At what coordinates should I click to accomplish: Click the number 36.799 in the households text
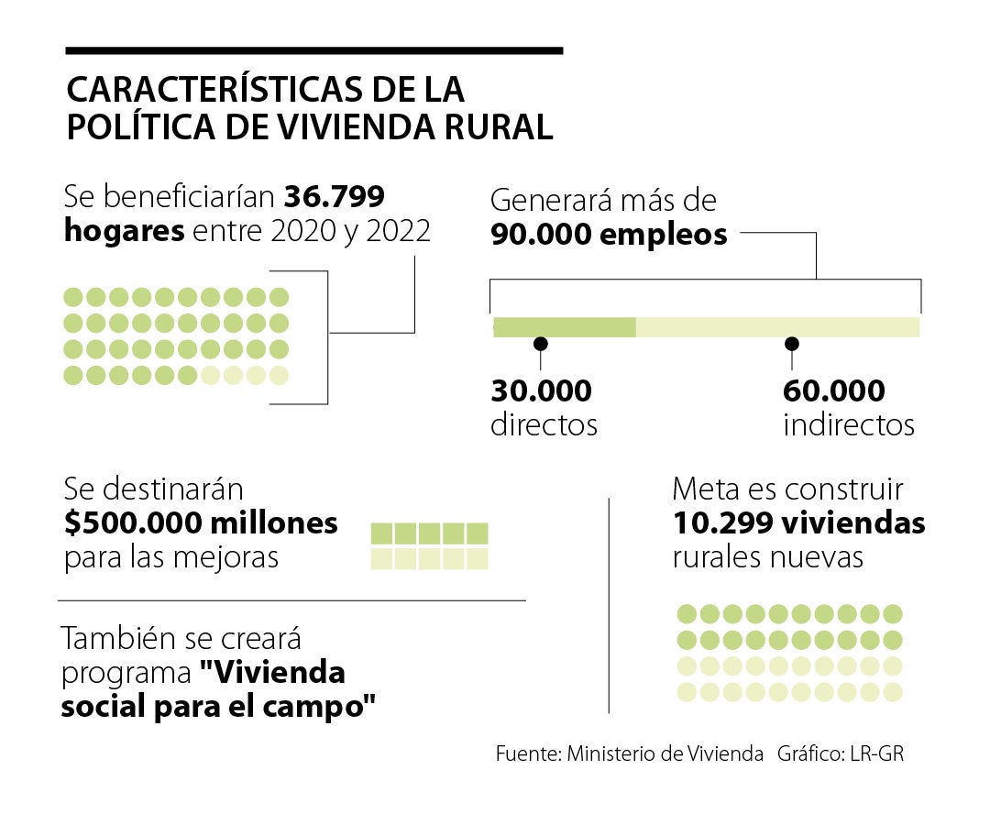click(334, 197)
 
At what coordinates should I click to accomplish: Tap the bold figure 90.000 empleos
click(609, 235)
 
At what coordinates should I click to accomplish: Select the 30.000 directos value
click(541, 391)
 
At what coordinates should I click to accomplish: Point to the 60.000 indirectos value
click(833, 391)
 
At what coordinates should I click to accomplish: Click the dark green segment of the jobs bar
click(564, 327)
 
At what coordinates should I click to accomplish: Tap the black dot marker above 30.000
click(541, 344)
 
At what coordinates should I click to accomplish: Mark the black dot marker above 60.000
click(792, 344)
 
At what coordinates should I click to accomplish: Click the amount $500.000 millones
click(201, 524)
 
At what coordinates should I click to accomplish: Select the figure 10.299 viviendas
click(798, 524)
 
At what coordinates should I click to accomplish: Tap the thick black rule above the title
click(313, 50)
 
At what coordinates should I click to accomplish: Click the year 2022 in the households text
click(398, 231)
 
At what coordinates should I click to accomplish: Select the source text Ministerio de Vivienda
click(665, 753)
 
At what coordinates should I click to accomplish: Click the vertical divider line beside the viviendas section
click(610, 605)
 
